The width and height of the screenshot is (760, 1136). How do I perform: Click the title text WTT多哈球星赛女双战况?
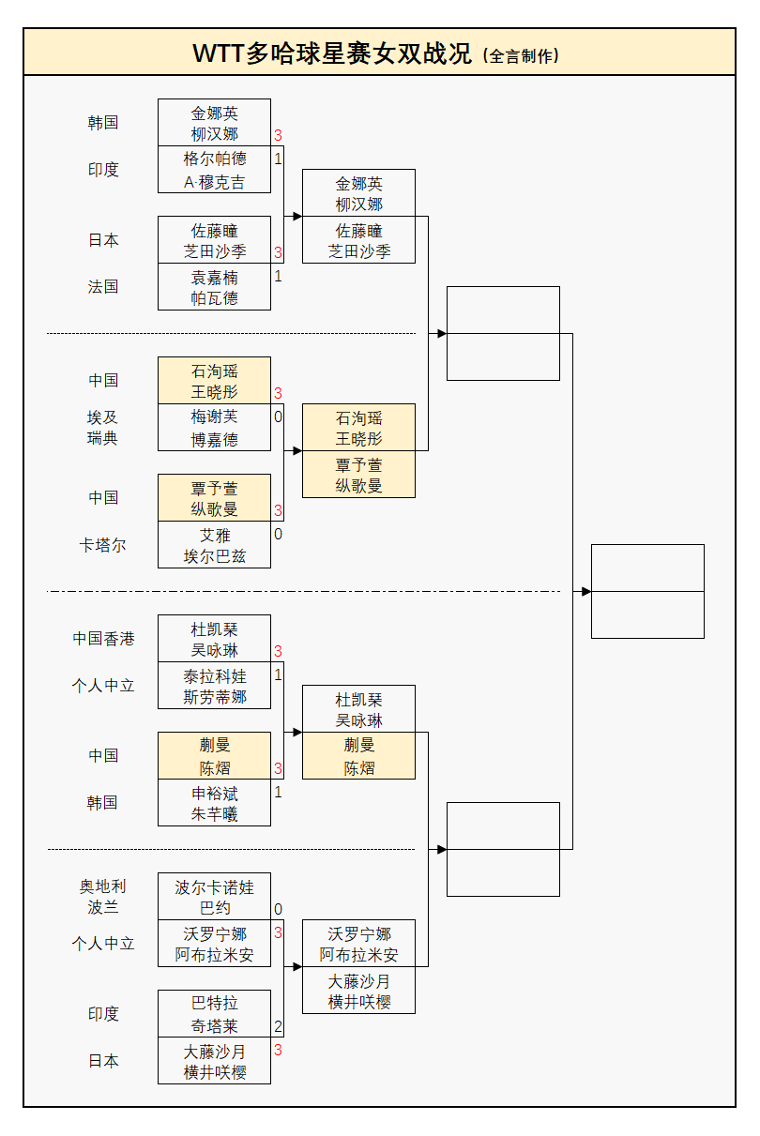click(332, 53)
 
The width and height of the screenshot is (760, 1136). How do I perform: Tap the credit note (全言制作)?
click(521, 55)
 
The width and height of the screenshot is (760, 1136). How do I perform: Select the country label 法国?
click(103, 286)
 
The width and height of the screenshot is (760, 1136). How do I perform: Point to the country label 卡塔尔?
click(103, 544)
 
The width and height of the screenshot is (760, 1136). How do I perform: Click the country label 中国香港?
click(103, 638)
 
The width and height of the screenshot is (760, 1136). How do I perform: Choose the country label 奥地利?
click(103, 886)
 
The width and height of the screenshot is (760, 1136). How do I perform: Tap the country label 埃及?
click(103, 417)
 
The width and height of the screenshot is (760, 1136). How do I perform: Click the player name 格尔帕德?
click(215, 159)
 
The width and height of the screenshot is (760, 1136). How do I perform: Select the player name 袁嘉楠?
click(215, 277)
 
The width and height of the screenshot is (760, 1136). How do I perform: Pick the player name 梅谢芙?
click(215, 417)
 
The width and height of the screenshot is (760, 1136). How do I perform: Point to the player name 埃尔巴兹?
click(215, 556)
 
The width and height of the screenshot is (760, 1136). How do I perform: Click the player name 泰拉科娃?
click(215, 675)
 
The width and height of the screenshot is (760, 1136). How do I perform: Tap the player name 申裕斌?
click(215, 793)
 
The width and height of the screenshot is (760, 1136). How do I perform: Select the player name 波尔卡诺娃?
click(215, 886)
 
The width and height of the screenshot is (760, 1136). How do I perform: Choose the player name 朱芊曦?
click(215, 814)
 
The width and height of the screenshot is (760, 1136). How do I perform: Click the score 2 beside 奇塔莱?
click(278, 1026)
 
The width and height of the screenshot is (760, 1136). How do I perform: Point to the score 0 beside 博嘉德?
click(278, 417)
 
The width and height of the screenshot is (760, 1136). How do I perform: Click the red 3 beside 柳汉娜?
click(278, 135)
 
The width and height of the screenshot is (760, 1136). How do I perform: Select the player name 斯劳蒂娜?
click(215, 697)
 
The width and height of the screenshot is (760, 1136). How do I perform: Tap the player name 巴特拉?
click(215, 1003)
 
